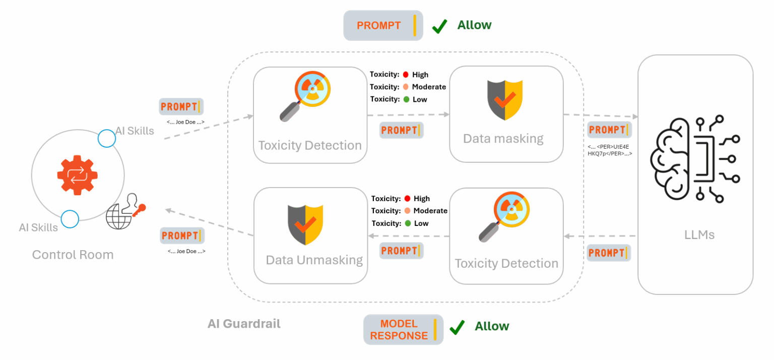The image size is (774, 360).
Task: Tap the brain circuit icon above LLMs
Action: click(x=695, y=160)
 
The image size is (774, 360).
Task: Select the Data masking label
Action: click(x=503, y=139)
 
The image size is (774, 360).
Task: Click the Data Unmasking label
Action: click(x=314, y=260)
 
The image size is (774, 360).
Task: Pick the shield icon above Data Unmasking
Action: click(x=305, y=224)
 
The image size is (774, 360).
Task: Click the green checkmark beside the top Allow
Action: click(x=440, y=26)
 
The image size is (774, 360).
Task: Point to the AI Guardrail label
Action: click(x=244, y=324)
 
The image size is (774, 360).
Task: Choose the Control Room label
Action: click(x=73, y=255)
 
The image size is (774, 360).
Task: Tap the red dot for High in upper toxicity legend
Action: click(x=406, y=75)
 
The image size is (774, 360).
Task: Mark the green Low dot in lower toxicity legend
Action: click(x=407, y=223)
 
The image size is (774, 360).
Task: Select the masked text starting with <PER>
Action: click(x=609, y=150)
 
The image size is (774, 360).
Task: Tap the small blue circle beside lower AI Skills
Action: click(x=70, y=219)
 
